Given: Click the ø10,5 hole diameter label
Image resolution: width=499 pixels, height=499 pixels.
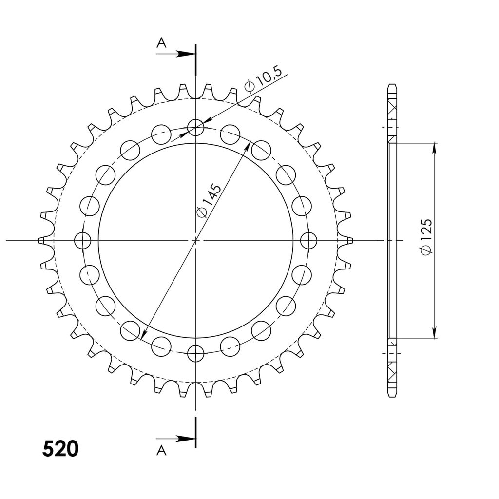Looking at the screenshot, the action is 263,80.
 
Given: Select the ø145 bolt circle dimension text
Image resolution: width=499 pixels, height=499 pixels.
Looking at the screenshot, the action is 209,201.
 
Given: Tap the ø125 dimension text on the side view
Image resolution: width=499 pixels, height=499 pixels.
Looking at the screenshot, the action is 426,236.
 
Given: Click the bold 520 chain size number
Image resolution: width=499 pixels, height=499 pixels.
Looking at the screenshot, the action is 60,449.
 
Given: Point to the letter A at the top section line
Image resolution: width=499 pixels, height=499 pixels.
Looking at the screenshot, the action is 162,43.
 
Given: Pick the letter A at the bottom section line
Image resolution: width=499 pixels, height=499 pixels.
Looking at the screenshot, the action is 162,450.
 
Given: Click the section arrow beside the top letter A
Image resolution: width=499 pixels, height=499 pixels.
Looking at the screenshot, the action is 175,54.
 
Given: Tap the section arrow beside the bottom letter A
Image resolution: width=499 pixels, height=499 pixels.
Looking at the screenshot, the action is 175,439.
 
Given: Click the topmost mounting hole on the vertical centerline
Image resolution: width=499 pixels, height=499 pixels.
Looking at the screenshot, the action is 195,128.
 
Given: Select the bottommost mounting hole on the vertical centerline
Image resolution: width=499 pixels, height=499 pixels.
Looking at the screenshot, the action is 195,353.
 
